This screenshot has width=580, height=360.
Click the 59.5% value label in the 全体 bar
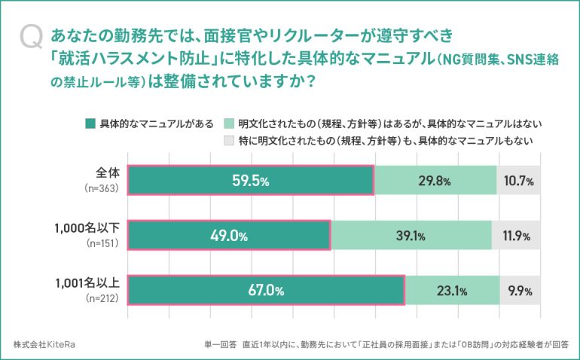(x=250, y=181)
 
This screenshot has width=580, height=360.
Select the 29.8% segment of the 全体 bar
(x=435, y=181)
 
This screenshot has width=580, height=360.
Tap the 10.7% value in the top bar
(x=518, y=181)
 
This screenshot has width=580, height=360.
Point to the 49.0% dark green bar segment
(x=229, y=235)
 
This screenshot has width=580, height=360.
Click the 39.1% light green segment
(x=411, y=235)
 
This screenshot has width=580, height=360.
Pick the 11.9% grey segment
(x=516, y=235)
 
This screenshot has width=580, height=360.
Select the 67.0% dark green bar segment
(x=266, y=290)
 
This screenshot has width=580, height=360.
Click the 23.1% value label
(x=452, y=290)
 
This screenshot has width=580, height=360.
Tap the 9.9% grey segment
(x=520, y=290)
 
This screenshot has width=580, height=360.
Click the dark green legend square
(x=90, y=124)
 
